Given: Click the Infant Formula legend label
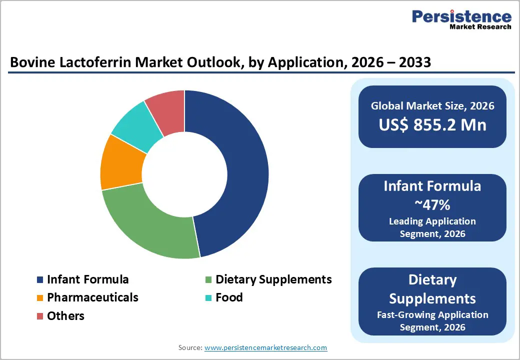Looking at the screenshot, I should (87, 279).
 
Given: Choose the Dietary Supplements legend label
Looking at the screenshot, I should (273, 279).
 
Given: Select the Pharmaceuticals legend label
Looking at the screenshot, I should (92, 297).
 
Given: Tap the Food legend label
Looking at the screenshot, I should (229, 297).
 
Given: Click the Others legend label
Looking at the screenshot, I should (65, 316).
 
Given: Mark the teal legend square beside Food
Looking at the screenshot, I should (208, 298).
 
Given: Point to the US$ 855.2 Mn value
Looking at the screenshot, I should (432, 125).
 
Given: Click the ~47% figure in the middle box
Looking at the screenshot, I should (432, 204).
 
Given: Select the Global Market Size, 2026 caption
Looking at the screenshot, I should (432, 105).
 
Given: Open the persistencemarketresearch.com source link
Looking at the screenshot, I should (265, 347).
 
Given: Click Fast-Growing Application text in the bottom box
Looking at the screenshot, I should (432, 315).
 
